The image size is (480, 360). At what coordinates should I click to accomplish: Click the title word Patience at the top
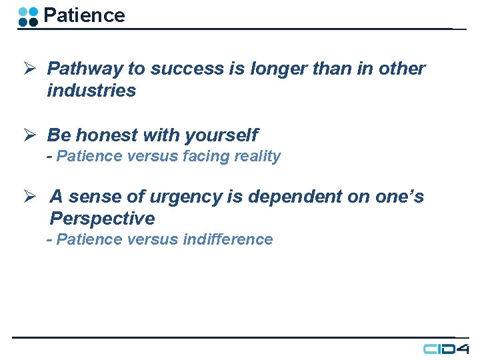84,15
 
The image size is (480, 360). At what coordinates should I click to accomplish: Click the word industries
91,91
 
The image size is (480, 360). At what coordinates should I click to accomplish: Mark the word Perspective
102,219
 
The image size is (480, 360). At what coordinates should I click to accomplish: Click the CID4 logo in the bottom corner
446,349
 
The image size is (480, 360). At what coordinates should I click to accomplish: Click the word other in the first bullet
401,69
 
